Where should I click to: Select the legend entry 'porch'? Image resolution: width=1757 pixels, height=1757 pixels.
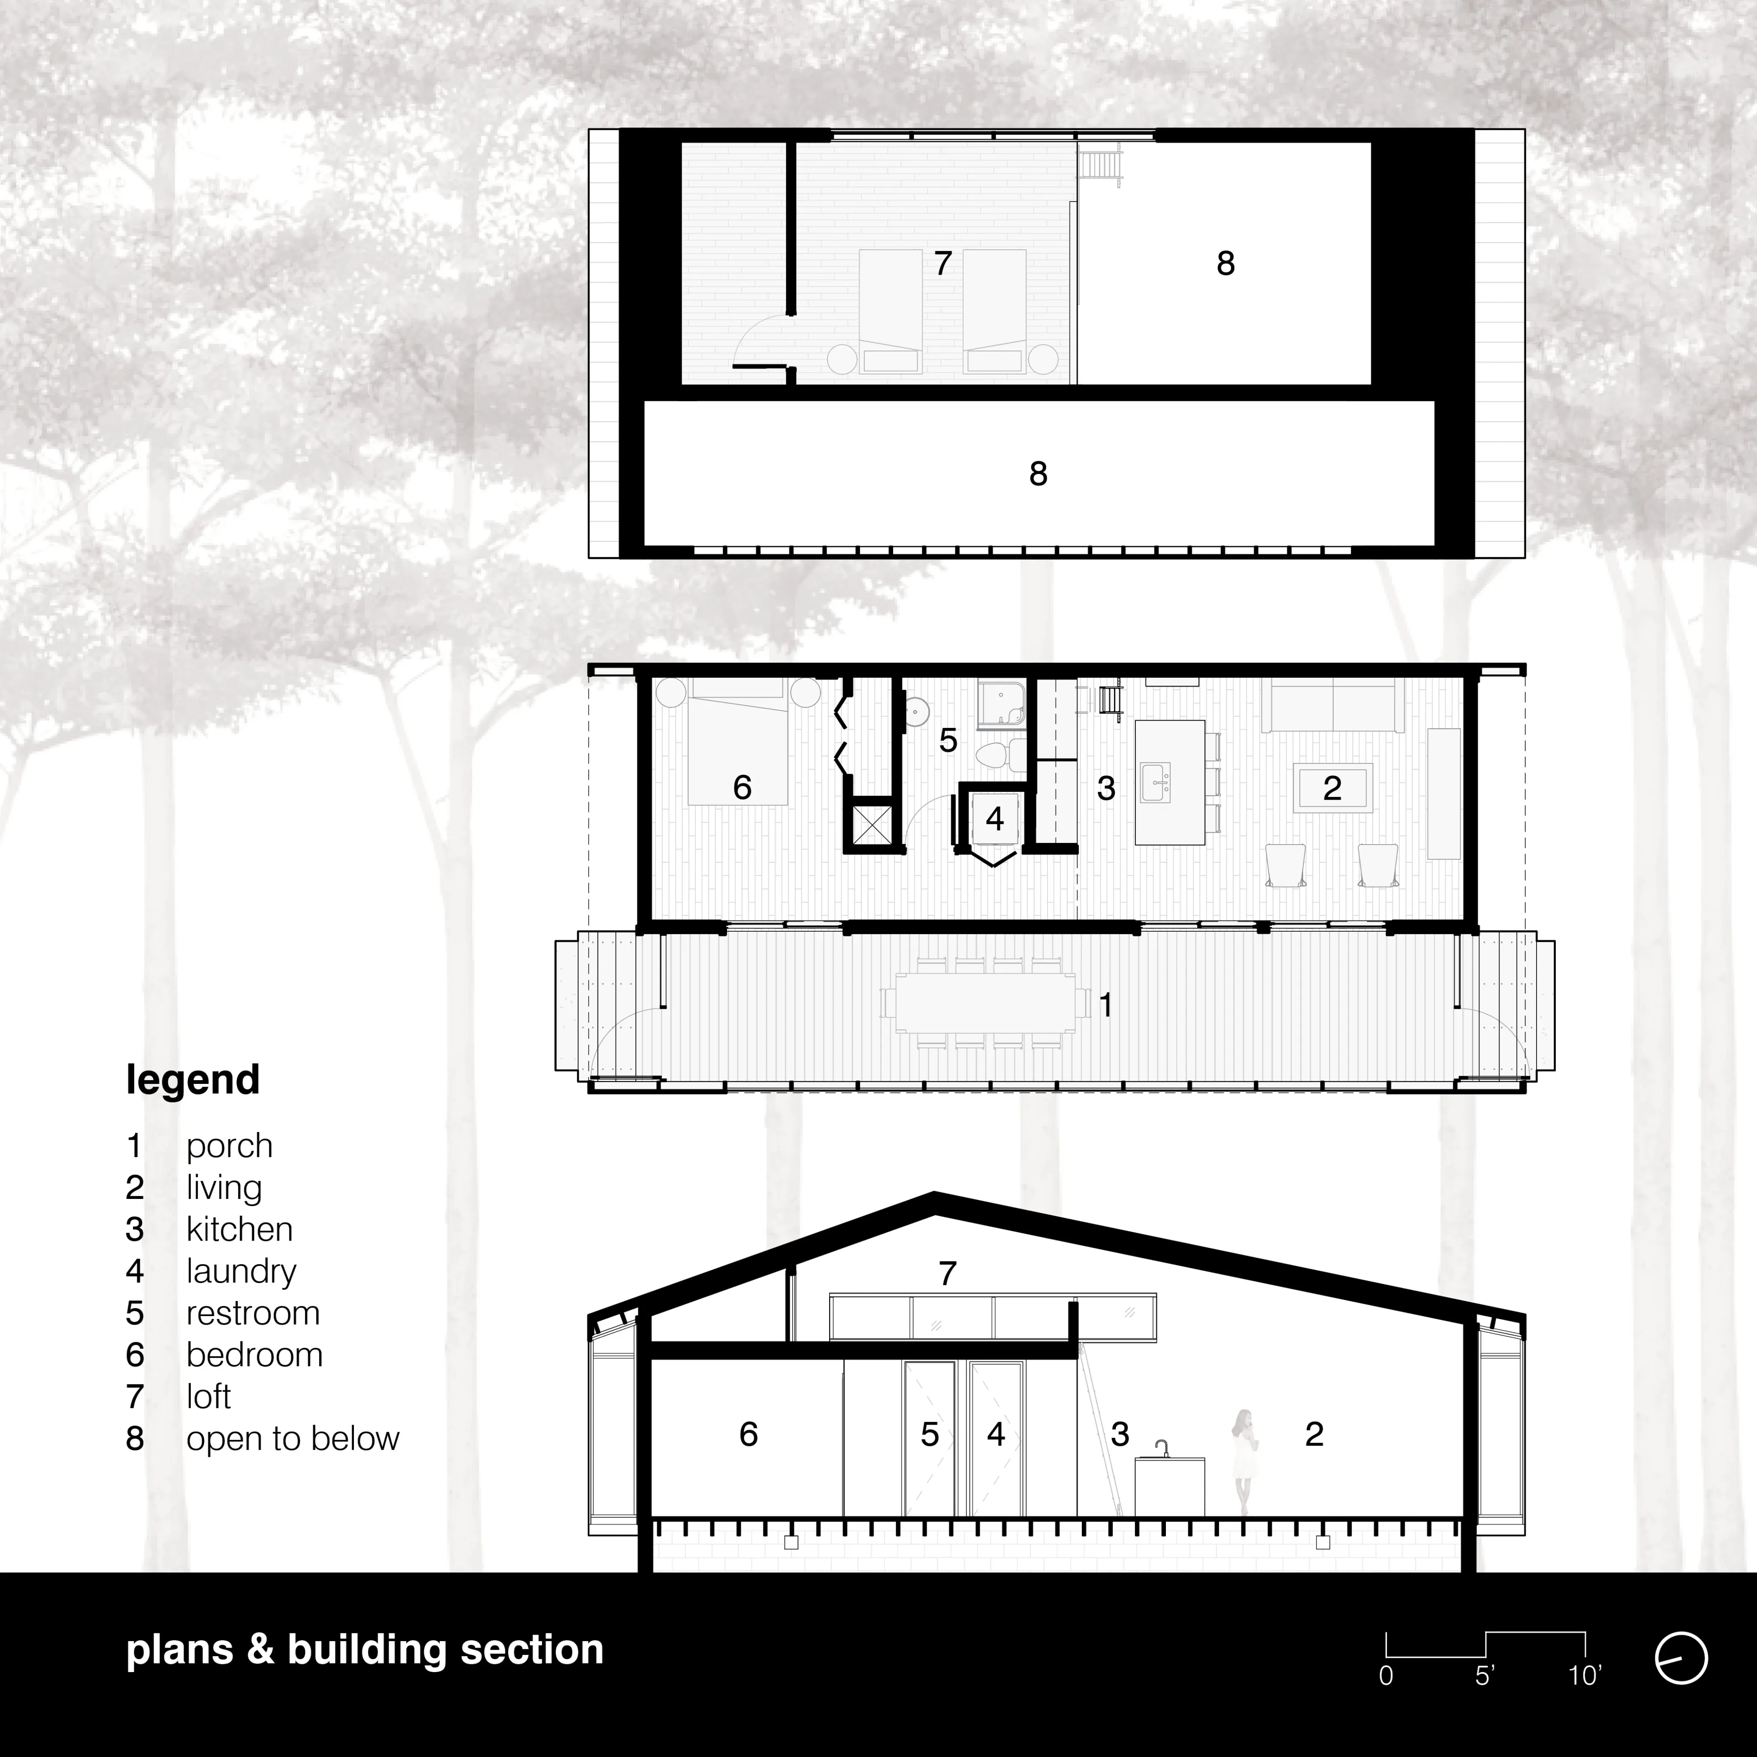[229, 1147]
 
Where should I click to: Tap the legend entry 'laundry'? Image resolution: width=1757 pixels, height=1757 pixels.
[241, 1271]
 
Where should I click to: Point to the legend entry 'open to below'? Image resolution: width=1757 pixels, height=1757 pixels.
[293, 1439]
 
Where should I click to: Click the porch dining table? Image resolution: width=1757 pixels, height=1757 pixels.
[985, 1003]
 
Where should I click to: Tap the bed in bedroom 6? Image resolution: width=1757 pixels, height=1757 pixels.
[737, 742]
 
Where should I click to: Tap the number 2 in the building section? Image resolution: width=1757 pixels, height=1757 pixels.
[1314, 1434]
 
